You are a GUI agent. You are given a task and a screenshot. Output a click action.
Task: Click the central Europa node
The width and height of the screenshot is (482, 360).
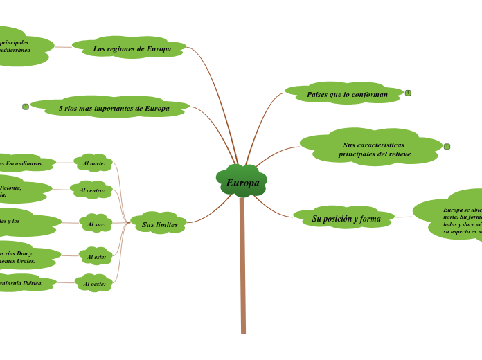coord(242,183)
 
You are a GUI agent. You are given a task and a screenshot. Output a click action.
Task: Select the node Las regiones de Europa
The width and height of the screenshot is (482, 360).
coord(132,48)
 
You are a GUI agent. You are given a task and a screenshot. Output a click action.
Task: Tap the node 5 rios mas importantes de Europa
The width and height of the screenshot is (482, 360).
coord(114,108)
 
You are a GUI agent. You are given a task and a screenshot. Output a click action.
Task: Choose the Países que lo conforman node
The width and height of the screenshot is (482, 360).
coord(347,94)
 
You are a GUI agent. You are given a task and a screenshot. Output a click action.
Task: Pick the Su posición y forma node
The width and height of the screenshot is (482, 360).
coord(346,219)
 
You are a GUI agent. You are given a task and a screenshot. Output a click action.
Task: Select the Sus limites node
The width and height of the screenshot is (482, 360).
coord(159,224)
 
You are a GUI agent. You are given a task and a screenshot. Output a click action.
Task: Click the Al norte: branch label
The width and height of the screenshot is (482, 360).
coord(94,163)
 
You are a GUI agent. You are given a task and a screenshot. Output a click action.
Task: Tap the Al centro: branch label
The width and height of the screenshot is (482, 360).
coord(91,190)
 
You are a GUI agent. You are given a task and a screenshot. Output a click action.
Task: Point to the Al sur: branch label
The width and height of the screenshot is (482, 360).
coord(95,224)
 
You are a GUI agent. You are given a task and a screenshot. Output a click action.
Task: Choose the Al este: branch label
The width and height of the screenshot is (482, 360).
coord(95,257)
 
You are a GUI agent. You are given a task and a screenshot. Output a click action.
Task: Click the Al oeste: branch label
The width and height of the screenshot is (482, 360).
coord(94,284)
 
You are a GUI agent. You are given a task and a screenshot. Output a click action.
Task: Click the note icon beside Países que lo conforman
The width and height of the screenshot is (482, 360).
coord(408,93)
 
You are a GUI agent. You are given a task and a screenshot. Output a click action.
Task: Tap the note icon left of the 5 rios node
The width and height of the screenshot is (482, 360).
coord(26,107)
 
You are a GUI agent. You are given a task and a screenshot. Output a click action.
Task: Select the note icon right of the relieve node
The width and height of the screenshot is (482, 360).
coord(447,146)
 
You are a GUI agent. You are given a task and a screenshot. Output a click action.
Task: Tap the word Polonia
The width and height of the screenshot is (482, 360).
coord(11,187)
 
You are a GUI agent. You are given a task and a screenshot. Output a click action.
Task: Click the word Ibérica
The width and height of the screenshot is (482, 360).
coord(32,283)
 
